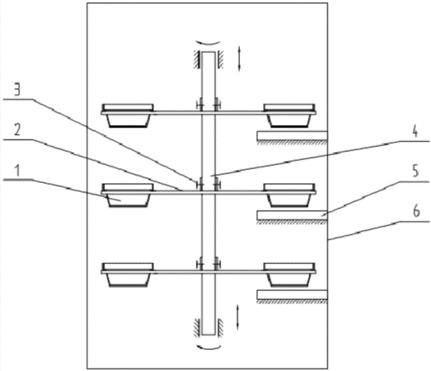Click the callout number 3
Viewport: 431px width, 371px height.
pyautogui.click(x=17, y=90)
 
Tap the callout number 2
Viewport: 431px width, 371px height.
pyautogui.click(x=17, y=129)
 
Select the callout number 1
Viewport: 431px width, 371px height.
pyautogui.click(x=17, y=171)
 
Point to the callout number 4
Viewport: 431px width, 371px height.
pyautogui.click(x=415, y=132)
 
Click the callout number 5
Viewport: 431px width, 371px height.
pyautogui.click(x=416, y=171)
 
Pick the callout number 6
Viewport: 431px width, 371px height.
pyautogui.click(x=417, y=212)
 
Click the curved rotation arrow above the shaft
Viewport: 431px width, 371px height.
pyautogui.click(x=208, y=43)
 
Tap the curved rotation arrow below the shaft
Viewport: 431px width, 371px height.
pyautogui.click(x=208, y=346)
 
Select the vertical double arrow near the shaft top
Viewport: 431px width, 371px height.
pyautogui.click(x=239, y=59)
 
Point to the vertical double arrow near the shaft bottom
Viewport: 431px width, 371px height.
pyautogui.click(x=237, y=317)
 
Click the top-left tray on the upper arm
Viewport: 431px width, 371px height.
pyautogui.click(x=128, y=115)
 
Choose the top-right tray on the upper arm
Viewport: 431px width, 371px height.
pyautogui.click(x=289, y=115)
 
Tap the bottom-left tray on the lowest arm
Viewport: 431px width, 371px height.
pyautogui.click(x=128, y=275)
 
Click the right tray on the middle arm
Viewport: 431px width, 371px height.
pyautogui.click(x=289, y=195)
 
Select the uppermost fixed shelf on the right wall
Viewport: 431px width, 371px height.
pyautogui.click(x=293, y=136)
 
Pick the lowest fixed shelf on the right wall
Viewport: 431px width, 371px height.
pyautogui.click(x=293, y=295)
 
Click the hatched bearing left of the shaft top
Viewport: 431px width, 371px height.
pyautogui.click(x=197, y=59)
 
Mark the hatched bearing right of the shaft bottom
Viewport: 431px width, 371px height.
pyautogui.click(x=220, y=327)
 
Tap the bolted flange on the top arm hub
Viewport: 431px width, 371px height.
pyautogui.click(x=208, y=105)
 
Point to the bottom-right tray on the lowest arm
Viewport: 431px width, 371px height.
pyautogui.click(x=289, y=275)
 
